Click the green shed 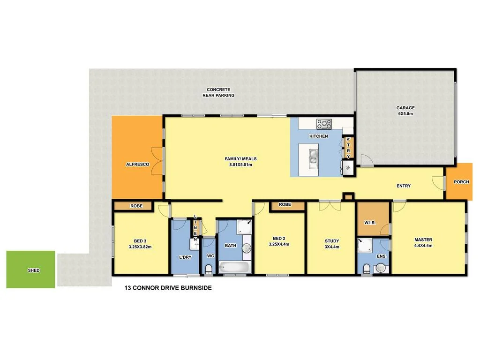(x=30, y=270)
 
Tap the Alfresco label (x=137, y=165)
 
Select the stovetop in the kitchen (x=324, y=124)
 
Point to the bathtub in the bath (x=235, y=269)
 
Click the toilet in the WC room (x=209, y=268)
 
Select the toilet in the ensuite (x=367, y=268)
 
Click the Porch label (x=461, y=182)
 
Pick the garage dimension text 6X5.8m (x=405, y=114)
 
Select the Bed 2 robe (x=285, y=205)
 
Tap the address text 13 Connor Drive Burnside (x=168, y=288)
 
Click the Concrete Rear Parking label (x=218, y=92)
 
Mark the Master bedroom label (x=423, y=240)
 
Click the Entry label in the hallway (x=403, y=186)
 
